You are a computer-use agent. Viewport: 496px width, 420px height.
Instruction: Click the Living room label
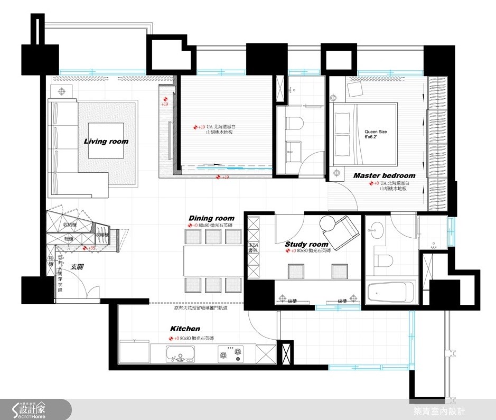[x=106, y=141]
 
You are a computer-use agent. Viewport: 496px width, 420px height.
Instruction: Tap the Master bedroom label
[x=384, y=175]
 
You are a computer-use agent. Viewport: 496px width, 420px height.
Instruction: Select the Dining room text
[x=211, y=218]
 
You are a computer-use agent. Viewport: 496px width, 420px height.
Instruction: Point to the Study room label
[x=306, y=244]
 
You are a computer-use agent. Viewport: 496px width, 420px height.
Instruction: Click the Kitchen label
[x=185, y=329]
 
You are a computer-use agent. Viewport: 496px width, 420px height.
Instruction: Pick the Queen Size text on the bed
[x=376, y=135]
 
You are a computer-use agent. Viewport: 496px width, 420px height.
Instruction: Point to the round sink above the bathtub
[x=377, y=229]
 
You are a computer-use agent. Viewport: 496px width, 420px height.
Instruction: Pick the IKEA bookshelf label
[x=254, y=248]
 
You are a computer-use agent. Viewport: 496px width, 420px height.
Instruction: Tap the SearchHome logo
[x=35, y=409]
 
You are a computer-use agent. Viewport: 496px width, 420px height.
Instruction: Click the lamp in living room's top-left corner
[x=62, y=91]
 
